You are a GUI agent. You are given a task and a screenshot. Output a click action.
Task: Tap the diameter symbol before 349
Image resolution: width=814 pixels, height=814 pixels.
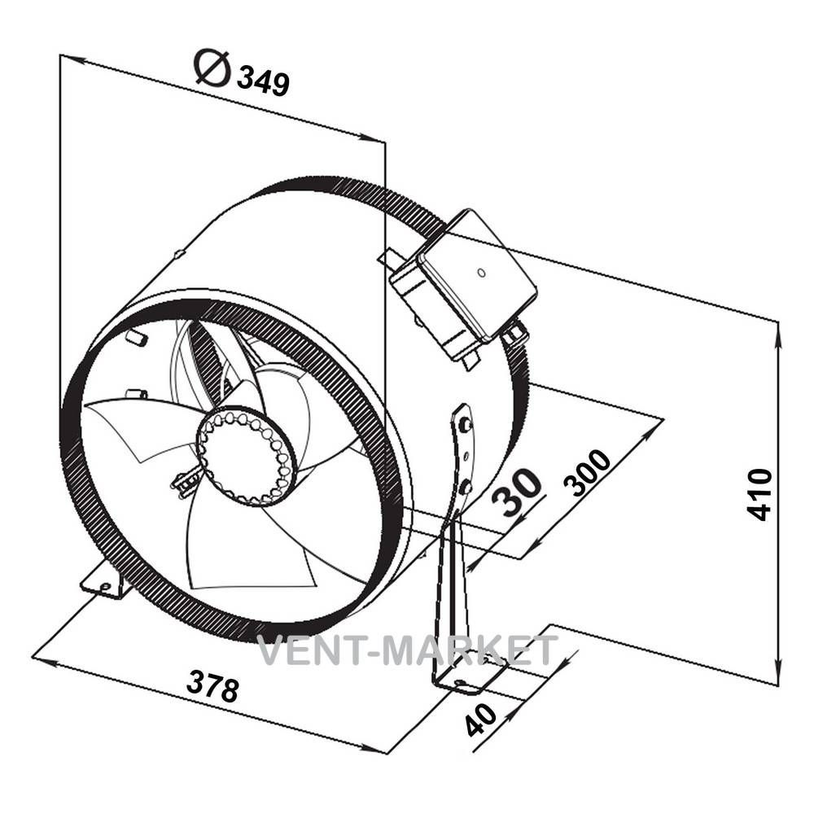pyautogui.click(x=212, y=68)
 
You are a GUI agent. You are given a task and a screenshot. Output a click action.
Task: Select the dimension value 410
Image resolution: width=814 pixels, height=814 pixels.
pyautogui.click(x=759, y=494)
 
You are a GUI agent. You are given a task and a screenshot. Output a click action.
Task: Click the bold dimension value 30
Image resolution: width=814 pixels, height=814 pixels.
pyautogui.click(x=517, y=492)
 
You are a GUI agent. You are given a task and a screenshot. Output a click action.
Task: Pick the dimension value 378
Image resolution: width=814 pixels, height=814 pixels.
pyautogui.click(x=212, y=685)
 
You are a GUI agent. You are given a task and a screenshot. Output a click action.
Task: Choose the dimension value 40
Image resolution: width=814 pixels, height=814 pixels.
pyautogui.click(x=481, y=720)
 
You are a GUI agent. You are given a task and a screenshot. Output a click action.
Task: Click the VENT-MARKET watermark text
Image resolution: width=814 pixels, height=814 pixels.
pyautogui.click(x=408, y=650)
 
